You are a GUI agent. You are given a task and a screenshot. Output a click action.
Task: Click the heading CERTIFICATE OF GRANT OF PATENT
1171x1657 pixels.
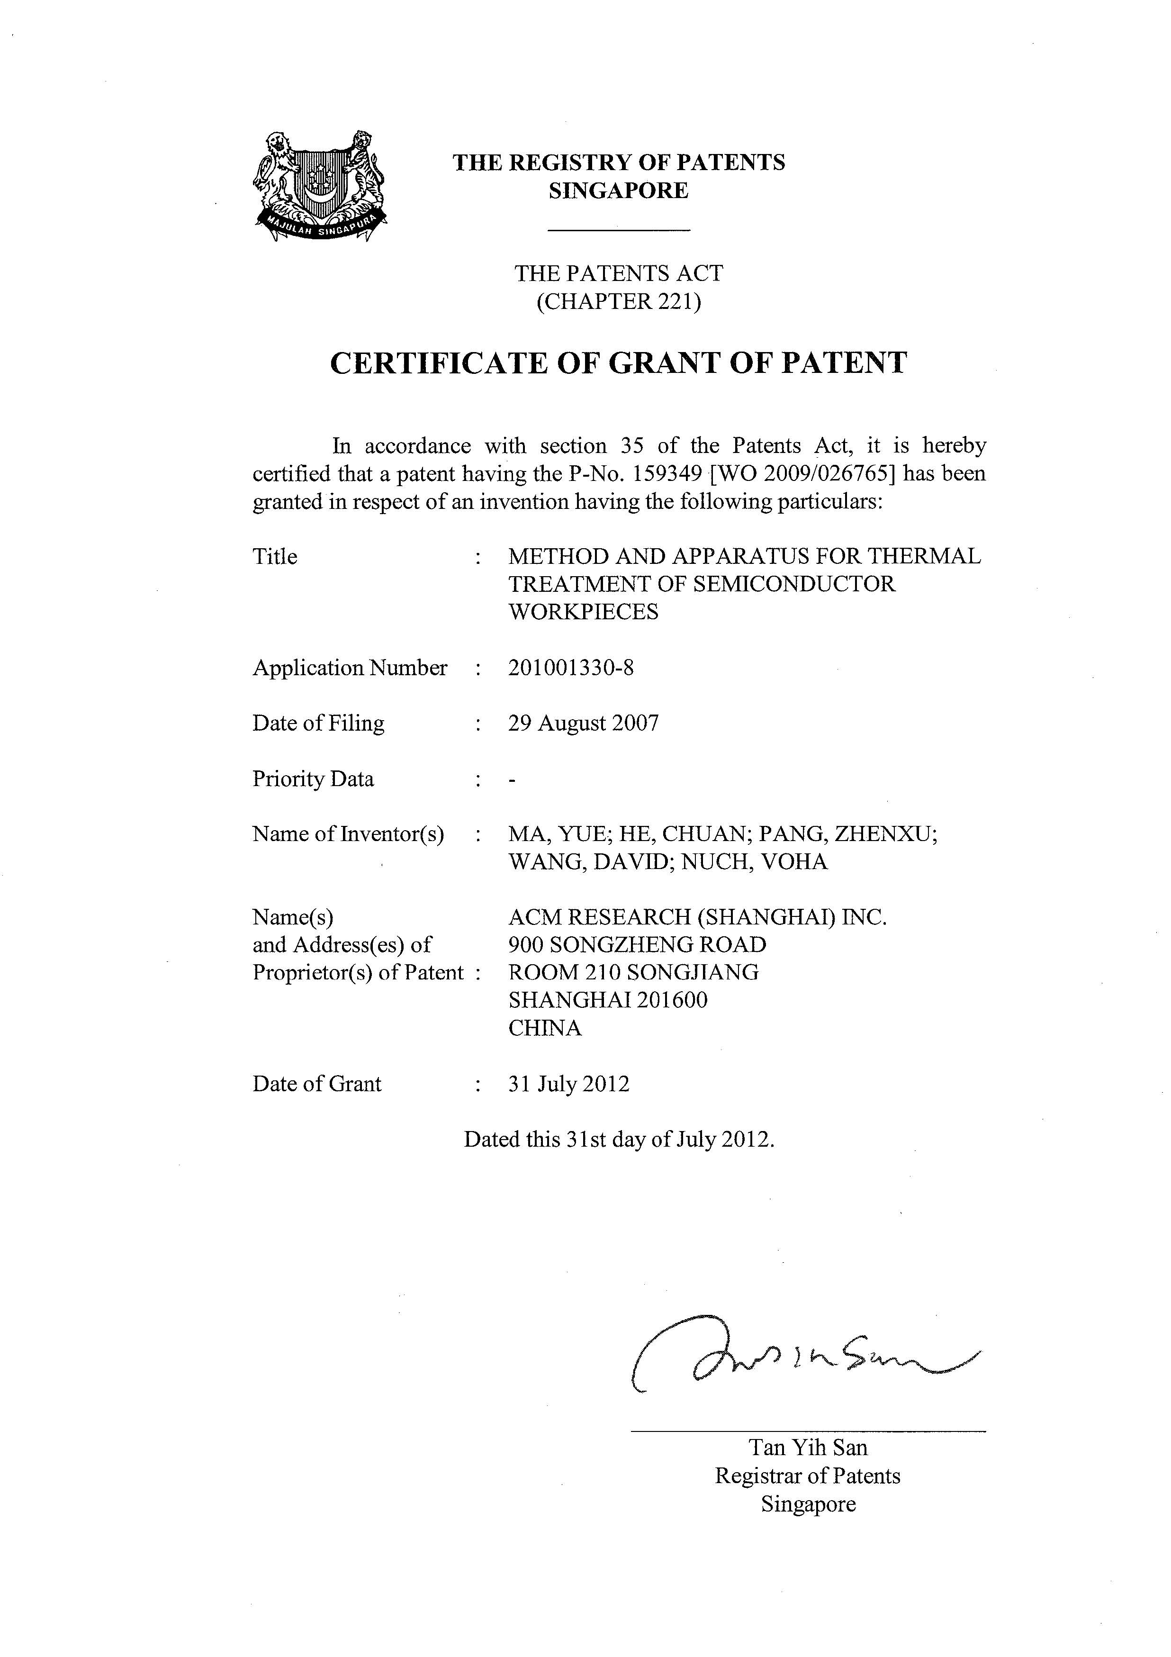pos(618,363)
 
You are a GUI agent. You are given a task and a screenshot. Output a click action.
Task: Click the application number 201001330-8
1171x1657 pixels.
pos(571,668)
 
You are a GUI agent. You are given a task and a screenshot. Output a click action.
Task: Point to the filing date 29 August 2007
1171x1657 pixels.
pos(583,723)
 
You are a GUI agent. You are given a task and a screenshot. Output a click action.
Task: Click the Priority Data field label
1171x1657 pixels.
pos(313,779)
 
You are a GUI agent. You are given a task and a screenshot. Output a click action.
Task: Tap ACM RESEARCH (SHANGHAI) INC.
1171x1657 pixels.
pos(697,917)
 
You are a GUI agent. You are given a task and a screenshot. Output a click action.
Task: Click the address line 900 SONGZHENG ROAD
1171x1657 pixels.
pos(637,945)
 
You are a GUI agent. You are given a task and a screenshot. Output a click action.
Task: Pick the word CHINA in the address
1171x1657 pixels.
pos(545,1028)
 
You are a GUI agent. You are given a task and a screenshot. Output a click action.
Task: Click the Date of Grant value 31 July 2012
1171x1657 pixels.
pos(568,1084)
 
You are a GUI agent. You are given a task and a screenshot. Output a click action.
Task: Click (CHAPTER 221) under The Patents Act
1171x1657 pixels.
pos(618,301)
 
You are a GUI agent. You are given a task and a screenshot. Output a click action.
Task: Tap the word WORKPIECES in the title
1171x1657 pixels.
pos(583,612)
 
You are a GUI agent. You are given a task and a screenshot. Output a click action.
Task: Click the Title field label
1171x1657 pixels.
pos(275,556)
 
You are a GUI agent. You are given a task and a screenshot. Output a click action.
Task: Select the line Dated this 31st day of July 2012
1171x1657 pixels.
pos(618,1140)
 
